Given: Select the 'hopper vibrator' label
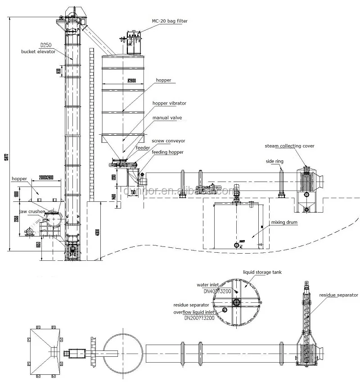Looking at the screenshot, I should click(169, 103).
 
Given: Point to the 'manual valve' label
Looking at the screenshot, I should click(167, 118).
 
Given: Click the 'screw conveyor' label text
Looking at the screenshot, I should click(168, 141).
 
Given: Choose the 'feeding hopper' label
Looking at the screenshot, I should click(167, 152).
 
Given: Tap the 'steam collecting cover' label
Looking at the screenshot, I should click(290, 146).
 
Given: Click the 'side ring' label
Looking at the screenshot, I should click(275, 160).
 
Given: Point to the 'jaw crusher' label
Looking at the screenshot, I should click(31, 210).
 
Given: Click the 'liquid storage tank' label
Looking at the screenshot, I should click(262, 273).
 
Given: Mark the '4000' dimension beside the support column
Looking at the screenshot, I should click(98, 234).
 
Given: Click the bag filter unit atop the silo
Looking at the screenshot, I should click(134, 43).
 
